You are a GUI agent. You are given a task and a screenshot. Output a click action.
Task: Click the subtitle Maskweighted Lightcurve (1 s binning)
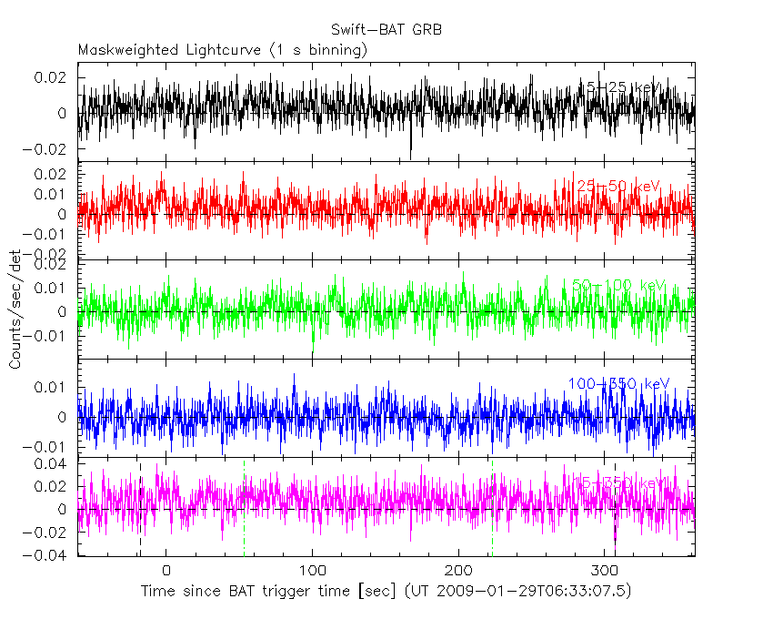(x=223, y=50)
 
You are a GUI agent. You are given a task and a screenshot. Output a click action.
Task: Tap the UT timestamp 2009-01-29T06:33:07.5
(x=523, y=592)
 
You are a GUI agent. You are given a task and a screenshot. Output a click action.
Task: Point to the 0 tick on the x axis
(x=166, y=570)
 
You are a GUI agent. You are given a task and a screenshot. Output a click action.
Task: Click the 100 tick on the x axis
(x=313, y=570)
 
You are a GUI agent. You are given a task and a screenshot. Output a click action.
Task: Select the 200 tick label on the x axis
(x=459, y=570)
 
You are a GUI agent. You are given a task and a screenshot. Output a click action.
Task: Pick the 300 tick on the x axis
(x=606, y=570)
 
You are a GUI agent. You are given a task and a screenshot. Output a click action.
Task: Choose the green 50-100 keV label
(x=618, y=285)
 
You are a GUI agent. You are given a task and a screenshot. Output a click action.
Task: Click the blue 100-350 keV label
(x=618, y=383)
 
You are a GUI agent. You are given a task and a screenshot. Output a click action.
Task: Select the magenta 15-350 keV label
(x=618, y=482)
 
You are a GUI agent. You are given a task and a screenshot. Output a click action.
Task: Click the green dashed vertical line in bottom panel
(x=245, y=510)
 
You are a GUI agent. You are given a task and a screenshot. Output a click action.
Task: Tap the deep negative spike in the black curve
(x=411, y=155)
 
